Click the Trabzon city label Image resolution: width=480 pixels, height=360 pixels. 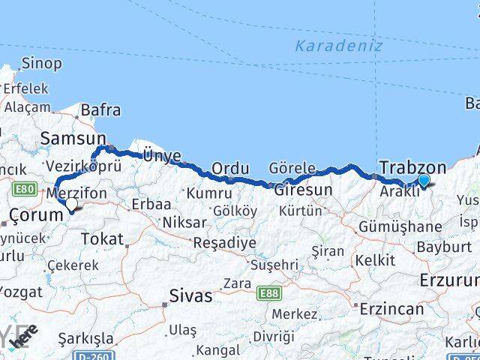coord(412,167)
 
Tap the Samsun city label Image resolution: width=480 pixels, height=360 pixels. coord(73,138)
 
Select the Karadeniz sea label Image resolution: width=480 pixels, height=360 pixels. coord(338,46)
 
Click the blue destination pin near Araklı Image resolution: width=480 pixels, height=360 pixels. coord(424,180)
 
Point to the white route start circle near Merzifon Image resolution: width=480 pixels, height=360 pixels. coord(71,204)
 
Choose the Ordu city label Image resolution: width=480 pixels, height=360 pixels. coord(230,168)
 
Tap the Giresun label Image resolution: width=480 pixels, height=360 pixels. coord(303,190)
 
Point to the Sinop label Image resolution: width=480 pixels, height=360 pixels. coord(41,64)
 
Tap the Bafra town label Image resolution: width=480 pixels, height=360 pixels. coord(100,110)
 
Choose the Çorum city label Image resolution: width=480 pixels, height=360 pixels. coord(34,215)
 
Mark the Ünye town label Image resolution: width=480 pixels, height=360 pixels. coord(162,155)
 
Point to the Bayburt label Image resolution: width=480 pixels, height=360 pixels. coord(424,246)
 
